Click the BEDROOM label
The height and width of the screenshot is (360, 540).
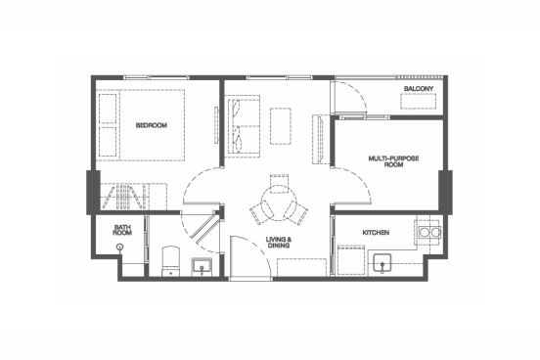(x=152, y=125)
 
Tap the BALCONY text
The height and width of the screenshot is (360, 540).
(x=419, y=89)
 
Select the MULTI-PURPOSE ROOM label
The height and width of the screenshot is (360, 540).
(x=393, y=161)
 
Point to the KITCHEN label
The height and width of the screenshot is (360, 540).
(x=376, y=233)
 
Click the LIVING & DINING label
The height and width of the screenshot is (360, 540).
(x=279, y=243)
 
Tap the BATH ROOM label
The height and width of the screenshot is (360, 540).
(x=122, y=230)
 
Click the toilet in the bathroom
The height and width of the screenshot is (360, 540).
(x=171, y=261)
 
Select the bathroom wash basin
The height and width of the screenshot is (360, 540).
(x=202, y=266)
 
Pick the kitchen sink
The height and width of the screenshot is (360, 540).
(x=382, y=263)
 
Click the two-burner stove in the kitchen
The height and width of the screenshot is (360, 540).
(x=429, y=233)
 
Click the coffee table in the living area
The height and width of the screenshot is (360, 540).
(x=281, y=126)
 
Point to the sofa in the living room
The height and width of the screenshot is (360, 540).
(x=242, y=126)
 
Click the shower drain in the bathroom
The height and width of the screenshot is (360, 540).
(x=120, y=247)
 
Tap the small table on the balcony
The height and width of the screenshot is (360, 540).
(x=419, y=101)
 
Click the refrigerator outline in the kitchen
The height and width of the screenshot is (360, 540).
(x=351, y=260)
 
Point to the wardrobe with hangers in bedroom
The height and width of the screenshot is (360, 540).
(x=125, y=196)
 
